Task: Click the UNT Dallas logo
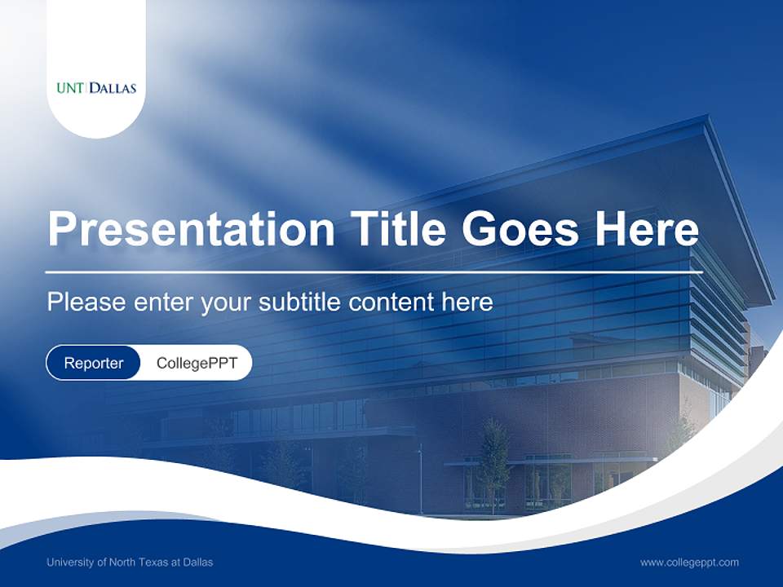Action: (96, 88)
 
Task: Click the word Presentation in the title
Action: (191, 228)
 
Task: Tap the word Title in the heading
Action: (397, 228)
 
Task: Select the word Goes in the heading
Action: (520, 228)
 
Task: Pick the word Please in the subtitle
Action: (86, 302)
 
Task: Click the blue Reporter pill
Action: (93, 363)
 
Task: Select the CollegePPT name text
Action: (197, 363)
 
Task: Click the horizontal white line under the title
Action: (374, 272)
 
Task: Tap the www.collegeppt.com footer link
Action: (689, 563)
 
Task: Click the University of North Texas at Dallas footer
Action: (130, 562)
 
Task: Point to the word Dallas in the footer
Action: (197, 562)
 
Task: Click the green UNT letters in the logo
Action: (70, 88)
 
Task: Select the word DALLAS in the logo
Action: (113, 88)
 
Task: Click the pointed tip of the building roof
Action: (707, 117)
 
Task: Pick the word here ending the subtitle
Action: (467, 302)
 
